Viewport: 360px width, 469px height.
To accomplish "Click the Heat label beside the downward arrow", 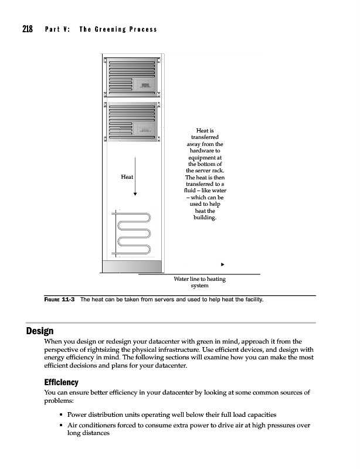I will pos(127,176).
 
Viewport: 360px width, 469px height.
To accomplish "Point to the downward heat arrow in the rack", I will pos(135,176).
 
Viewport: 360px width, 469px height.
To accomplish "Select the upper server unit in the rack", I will pos(132,76).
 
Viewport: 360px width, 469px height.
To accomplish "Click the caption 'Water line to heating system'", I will pos(199,283).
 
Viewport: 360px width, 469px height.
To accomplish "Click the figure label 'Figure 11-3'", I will pos(59,300).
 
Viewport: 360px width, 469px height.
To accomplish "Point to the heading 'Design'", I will pos(40,331).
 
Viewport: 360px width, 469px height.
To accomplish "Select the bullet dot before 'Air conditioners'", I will pos(62,426).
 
